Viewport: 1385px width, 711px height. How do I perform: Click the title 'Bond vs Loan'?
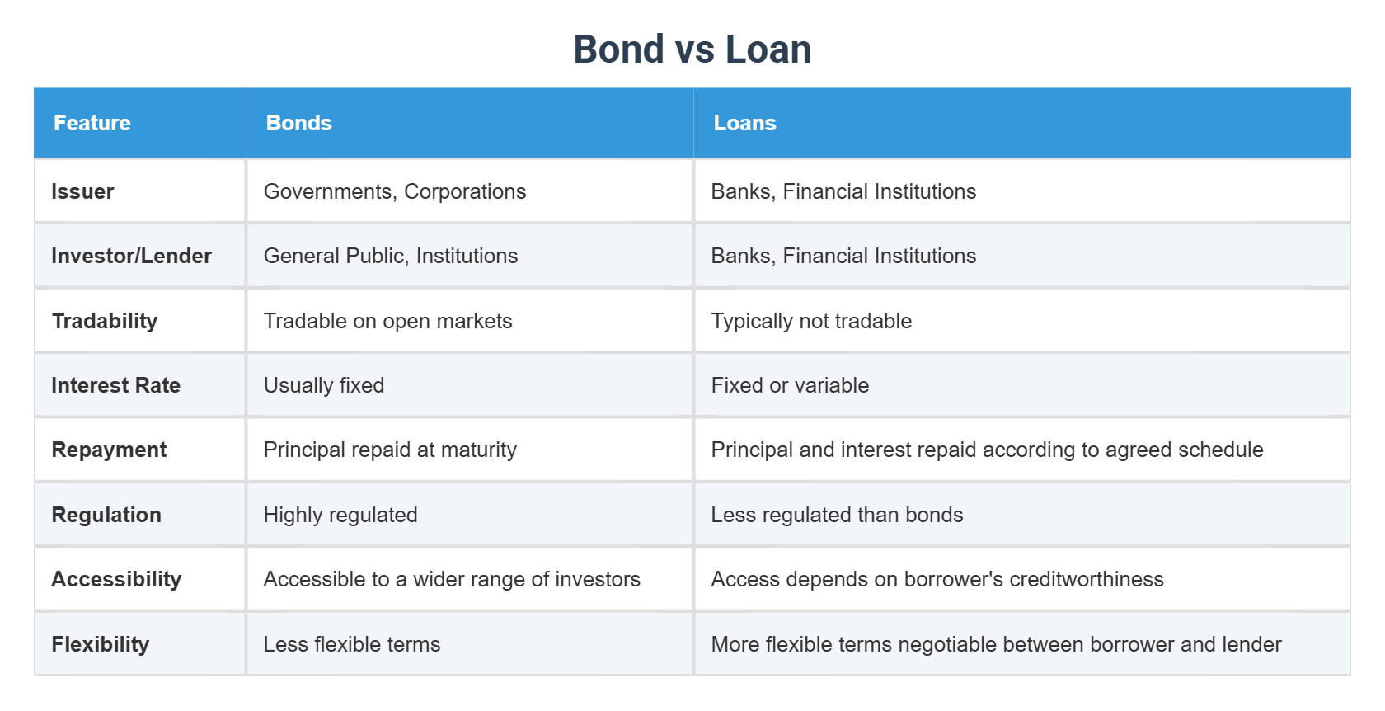[692, 49]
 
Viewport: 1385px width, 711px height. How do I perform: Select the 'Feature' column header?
[92, 123]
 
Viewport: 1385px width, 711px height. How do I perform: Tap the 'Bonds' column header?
[298, 123]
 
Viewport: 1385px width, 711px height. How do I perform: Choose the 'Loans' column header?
[744, 123]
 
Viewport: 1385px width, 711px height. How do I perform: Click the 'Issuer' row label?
[82, 191]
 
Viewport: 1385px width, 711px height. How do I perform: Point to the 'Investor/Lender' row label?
[131, 256]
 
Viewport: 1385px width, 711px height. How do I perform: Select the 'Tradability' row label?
[105, 321]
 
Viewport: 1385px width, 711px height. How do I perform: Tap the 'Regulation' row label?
[106, 515]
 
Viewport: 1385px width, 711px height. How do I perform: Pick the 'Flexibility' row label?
[101, 644]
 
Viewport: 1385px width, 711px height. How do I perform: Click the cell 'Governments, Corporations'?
[394, 191]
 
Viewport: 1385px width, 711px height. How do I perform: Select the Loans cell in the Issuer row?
[843, 191]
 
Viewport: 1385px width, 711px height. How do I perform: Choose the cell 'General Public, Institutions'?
[391, 256]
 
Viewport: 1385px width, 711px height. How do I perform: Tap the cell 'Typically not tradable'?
[811, 321]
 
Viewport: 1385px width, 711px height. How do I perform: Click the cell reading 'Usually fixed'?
[324, 385]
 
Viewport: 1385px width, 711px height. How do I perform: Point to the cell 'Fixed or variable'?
[790, 385]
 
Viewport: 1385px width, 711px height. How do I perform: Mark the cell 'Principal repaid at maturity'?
[390, 450]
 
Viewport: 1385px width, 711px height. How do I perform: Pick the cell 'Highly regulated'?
[340, 515]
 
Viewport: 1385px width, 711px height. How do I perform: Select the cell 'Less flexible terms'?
[352, 644]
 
